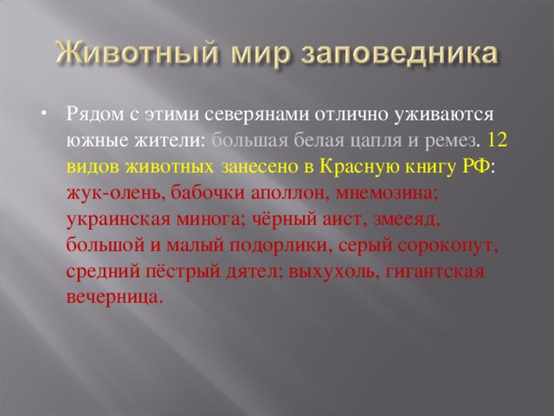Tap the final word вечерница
(113, 296)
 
